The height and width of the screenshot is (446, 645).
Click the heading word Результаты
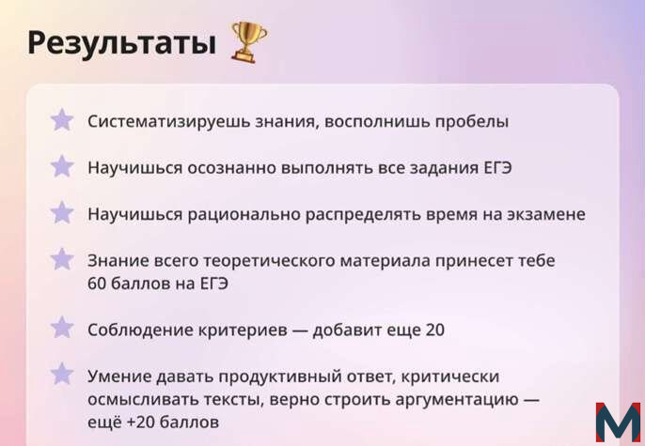click(122, 42)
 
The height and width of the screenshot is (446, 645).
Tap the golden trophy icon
click(249, 42)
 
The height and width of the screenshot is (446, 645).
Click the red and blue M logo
click(618, 422)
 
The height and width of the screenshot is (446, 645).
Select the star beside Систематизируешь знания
click(62, 120)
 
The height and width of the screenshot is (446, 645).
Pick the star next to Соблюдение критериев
click(62, 328)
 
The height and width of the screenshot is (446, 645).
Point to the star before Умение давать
click(62, 374)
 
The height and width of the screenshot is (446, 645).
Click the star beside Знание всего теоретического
click(62, 259)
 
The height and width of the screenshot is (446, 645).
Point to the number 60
click(97, 284)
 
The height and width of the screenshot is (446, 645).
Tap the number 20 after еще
click(435, 330)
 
